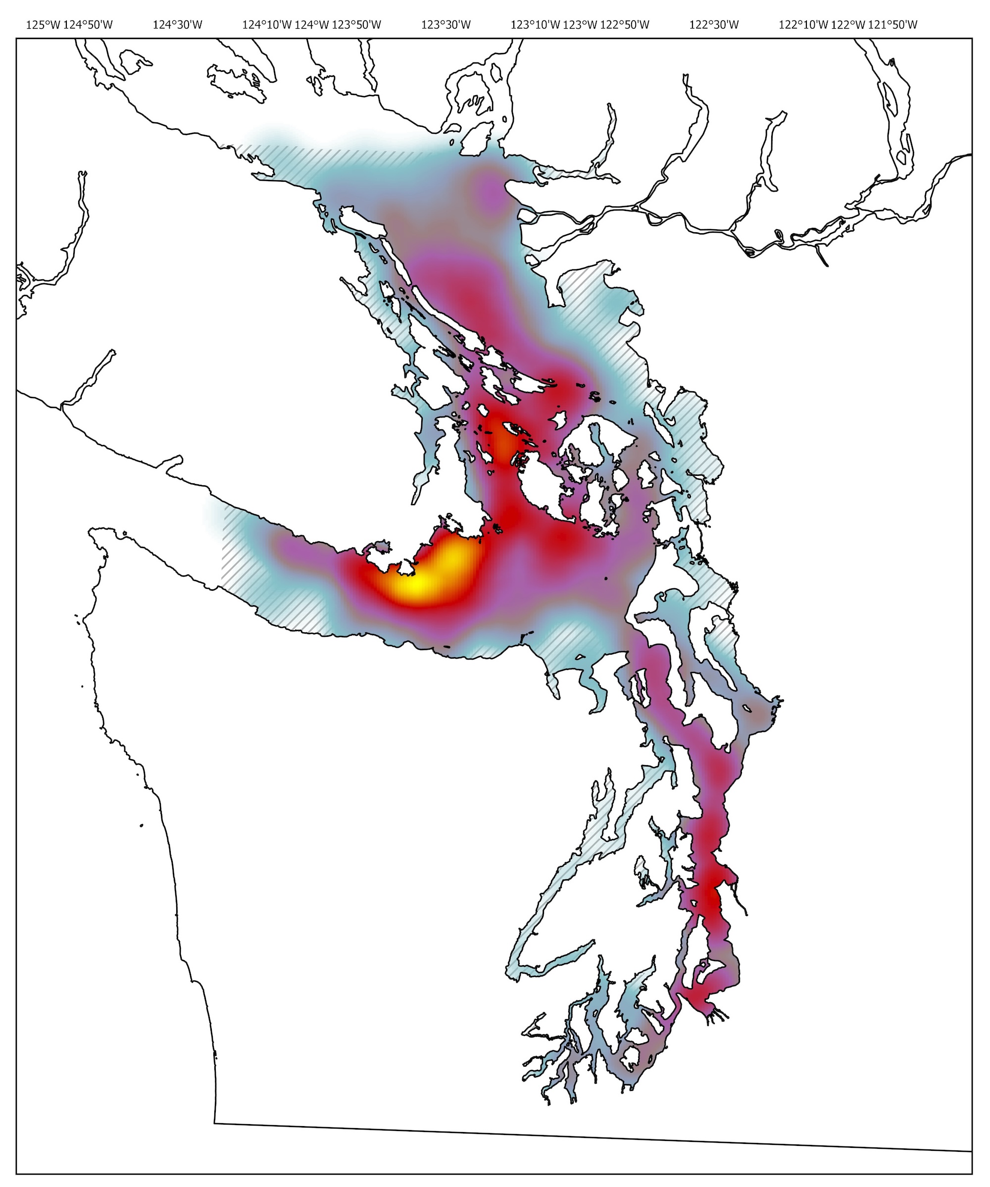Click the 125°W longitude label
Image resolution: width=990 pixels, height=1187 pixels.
[43, 25]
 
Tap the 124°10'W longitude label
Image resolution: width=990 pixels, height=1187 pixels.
[267, 25]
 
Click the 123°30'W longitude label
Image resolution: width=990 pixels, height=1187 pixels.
[446, 25]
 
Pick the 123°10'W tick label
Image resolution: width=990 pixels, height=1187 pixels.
[535, 25]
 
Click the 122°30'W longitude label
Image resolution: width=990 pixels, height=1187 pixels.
[714, 25]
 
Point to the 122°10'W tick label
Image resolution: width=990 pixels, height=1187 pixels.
[803, 25]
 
